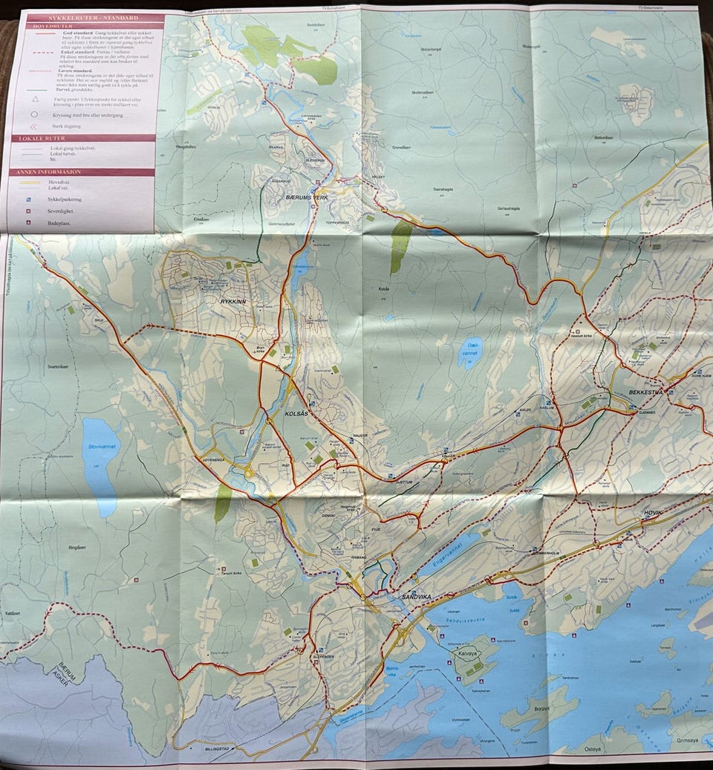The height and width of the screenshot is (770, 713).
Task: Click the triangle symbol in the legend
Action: [x=34, y=98]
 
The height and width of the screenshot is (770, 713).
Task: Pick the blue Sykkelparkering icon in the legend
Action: [x=28, y=200]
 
